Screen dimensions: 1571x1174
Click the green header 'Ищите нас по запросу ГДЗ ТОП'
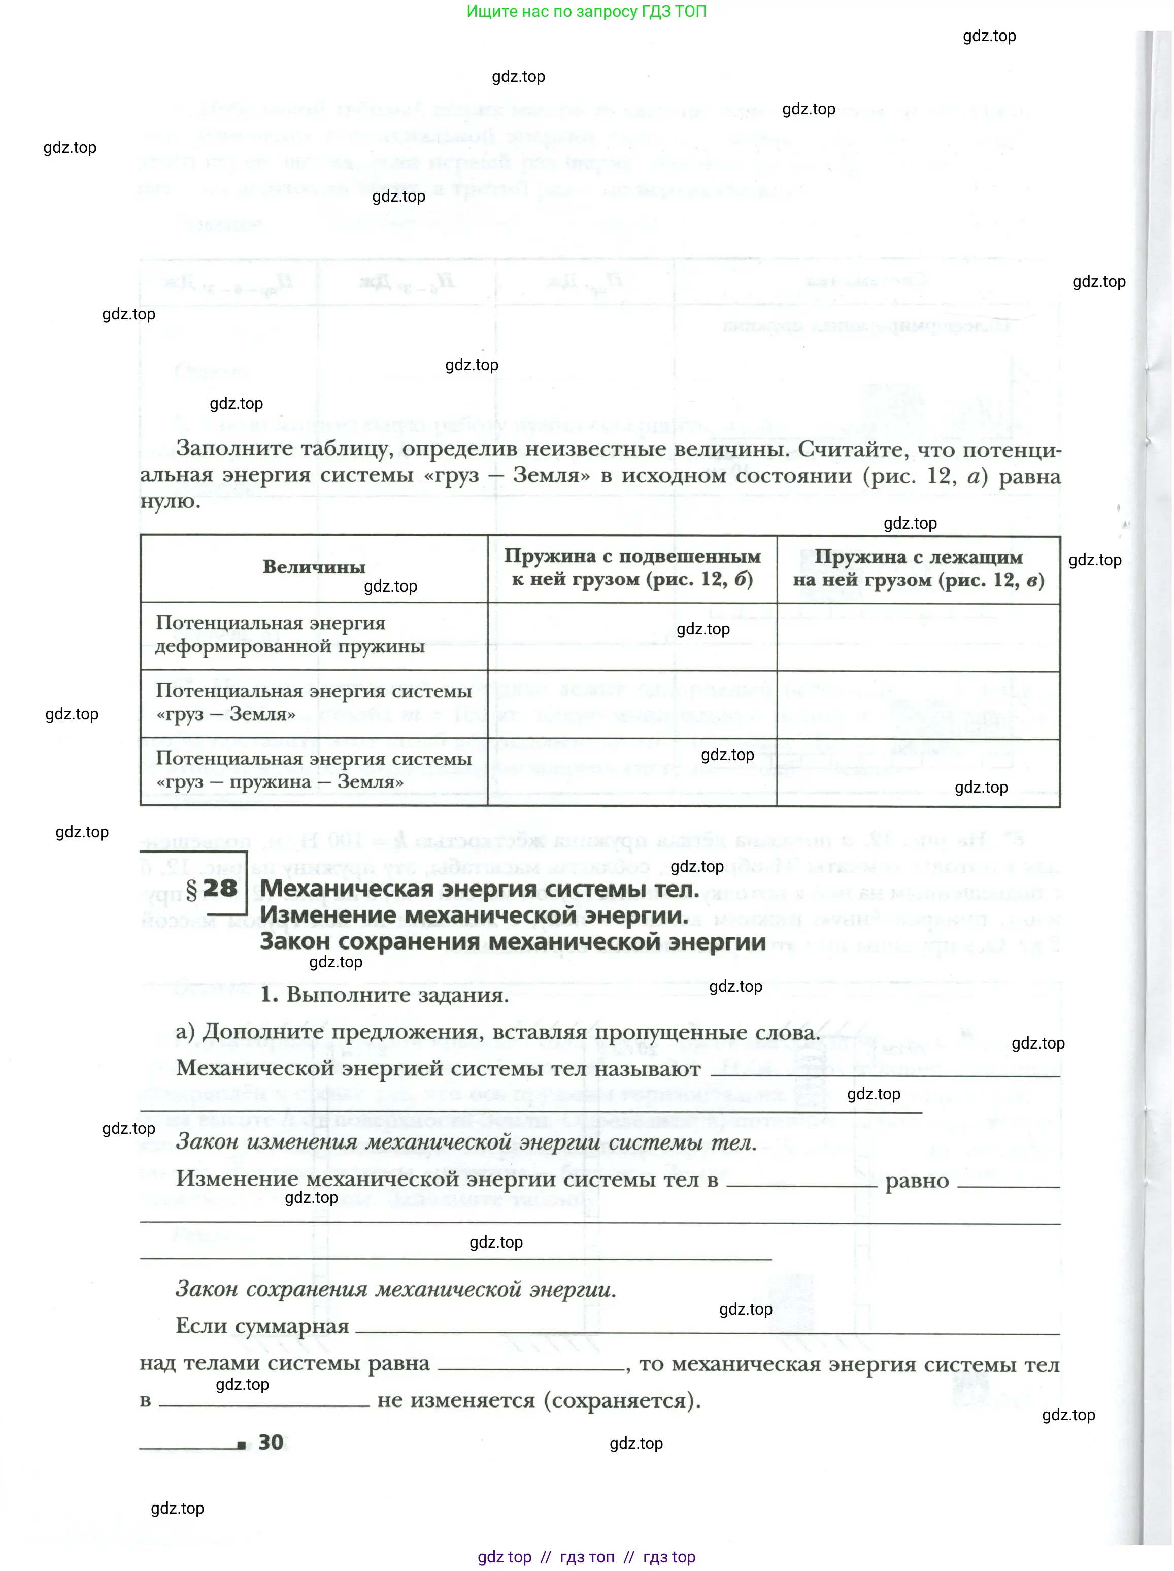[586, 11]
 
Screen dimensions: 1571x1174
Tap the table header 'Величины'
[314, 567]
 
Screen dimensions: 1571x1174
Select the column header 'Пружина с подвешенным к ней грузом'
[632, 568]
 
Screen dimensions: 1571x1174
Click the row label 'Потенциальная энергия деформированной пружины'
[290, 634]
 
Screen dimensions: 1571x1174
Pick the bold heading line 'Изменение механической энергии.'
[474, 915]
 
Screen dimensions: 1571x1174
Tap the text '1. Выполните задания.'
[384, 994]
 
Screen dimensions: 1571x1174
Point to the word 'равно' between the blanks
[917, 1181]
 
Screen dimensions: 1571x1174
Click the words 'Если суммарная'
[262, 1325]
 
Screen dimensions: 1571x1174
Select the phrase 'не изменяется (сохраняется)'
[538, 1400]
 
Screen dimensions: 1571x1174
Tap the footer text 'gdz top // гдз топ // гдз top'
[586, 1556]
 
